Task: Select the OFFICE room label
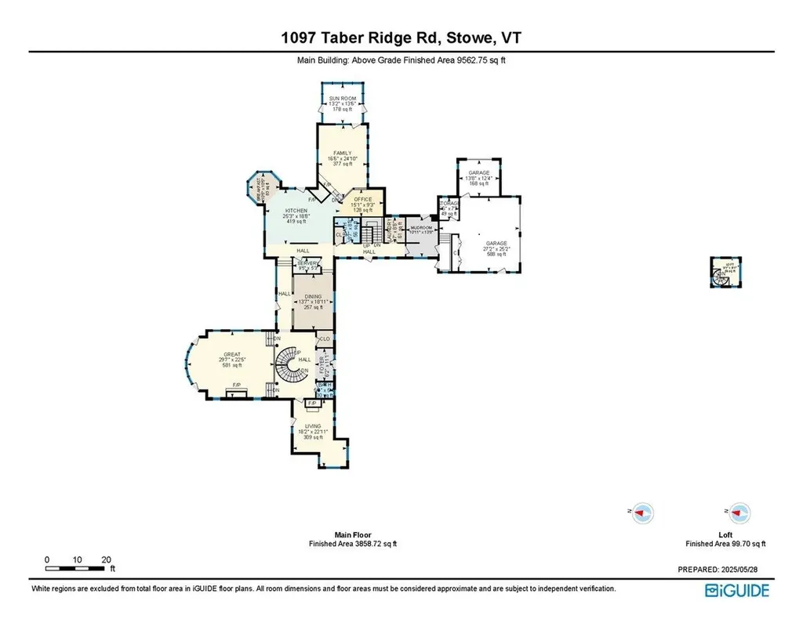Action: pyautogui.click(x=362, y=201)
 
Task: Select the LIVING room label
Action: pyautogui.click(x=314, y=427)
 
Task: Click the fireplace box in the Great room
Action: pyautogui.click(x=233, y=387)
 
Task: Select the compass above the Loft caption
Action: pyautogui.click(x=737, y=512)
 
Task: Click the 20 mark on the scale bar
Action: pyautogui.click(x=106, y=559)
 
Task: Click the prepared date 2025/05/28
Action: pyautogui.click(x=745, y=570)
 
